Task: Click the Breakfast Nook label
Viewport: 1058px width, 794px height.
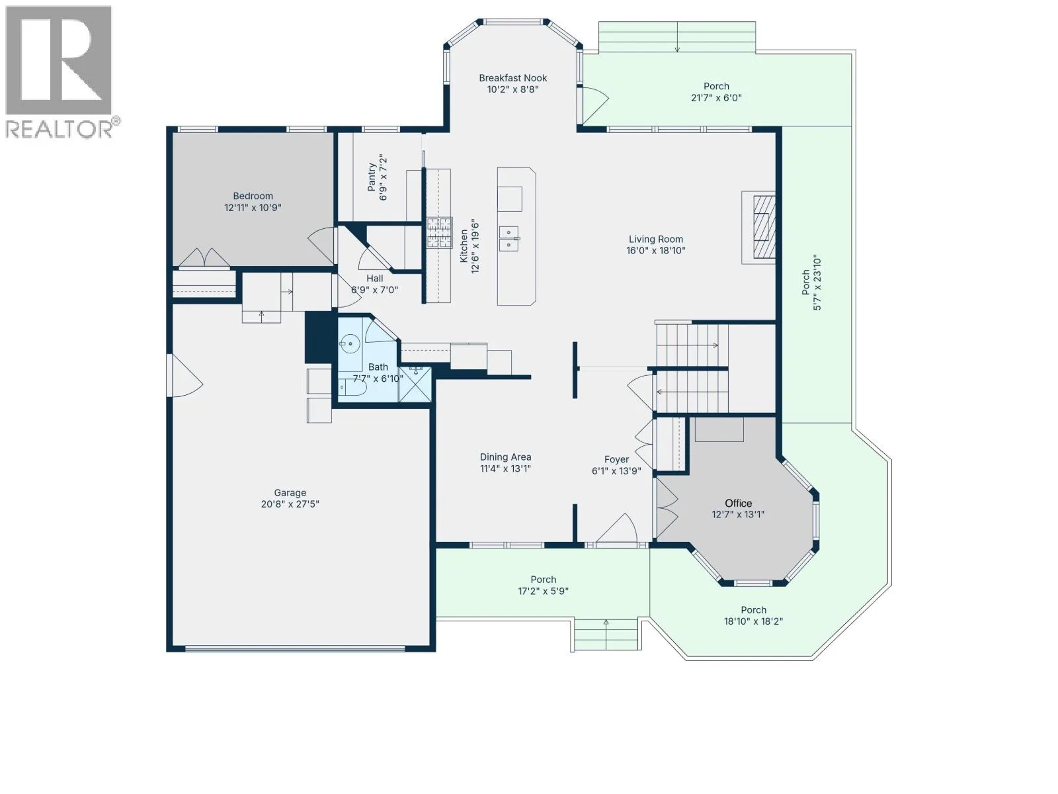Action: [513, 78]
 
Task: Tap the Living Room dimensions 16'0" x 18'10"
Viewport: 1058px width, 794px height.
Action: [655, 251]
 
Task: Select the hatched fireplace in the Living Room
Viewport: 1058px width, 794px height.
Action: [764, 228]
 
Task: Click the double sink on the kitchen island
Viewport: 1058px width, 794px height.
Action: [509, 239]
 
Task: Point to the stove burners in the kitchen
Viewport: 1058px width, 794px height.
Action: [440, 233]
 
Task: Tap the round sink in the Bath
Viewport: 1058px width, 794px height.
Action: [350, 343]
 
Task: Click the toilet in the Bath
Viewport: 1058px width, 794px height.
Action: [353, 387]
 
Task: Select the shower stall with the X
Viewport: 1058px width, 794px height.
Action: [415, 384]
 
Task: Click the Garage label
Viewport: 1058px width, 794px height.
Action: [290, 493]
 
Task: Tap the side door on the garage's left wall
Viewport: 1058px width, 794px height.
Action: [184, 376]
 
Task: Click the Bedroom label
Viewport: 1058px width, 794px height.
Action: [253, 197]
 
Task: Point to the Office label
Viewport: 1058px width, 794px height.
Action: [739, 504]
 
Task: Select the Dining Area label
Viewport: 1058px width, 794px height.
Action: [506, 457]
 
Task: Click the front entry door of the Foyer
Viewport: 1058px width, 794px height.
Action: [617, 529]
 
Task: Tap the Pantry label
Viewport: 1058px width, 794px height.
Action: [372, 177]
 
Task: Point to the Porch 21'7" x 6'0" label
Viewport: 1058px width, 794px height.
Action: [716, 92]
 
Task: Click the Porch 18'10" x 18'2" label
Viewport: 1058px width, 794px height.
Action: [753, 615]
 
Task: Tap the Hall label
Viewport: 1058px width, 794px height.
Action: [374, 279]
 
